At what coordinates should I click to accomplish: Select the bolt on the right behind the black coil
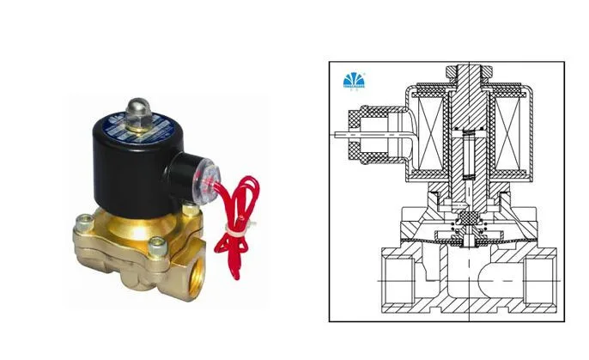[x=191, y=209]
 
